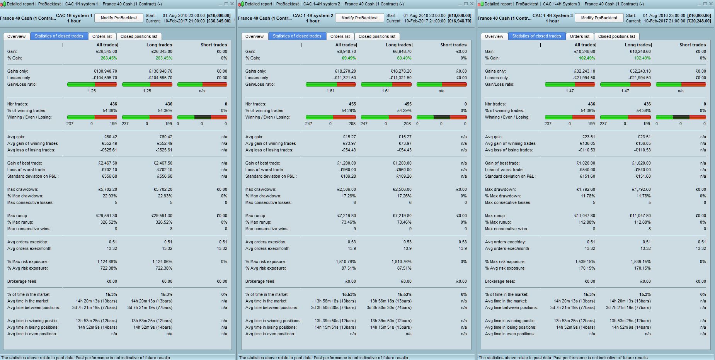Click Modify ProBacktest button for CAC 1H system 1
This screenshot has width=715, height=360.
point(119,18)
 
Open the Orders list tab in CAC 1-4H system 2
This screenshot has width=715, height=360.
point(340,36)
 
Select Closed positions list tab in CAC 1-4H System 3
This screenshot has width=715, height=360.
point(616,36)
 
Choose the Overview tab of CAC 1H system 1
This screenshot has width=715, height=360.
point(16,36)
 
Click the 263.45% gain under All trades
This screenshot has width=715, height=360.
point(109,58)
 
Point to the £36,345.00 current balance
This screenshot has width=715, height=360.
point(219,21)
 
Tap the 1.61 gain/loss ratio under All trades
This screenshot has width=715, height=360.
point(330,91)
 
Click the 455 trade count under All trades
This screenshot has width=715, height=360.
point(352,104)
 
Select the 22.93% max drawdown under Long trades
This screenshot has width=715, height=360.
point(165,196)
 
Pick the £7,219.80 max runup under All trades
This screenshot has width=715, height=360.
point(346,216)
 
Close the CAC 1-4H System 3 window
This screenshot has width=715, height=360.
point(711,4)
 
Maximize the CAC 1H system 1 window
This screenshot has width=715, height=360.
point(226,4)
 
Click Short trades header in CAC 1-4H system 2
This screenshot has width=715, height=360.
point(453,45)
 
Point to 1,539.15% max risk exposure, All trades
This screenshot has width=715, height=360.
point(585,262)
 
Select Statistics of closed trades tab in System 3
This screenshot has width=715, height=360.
point(536,36)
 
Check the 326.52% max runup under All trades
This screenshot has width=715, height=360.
point(109,222)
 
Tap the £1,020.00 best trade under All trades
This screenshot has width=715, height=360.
point(586,163)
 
